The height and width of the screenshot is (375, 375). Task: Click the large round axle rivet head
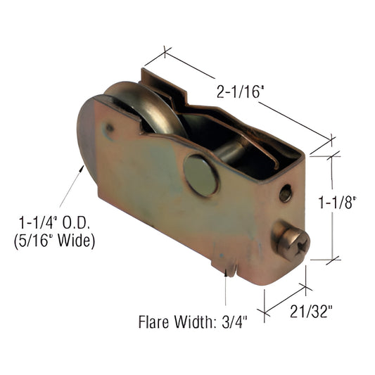(202, 175)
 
